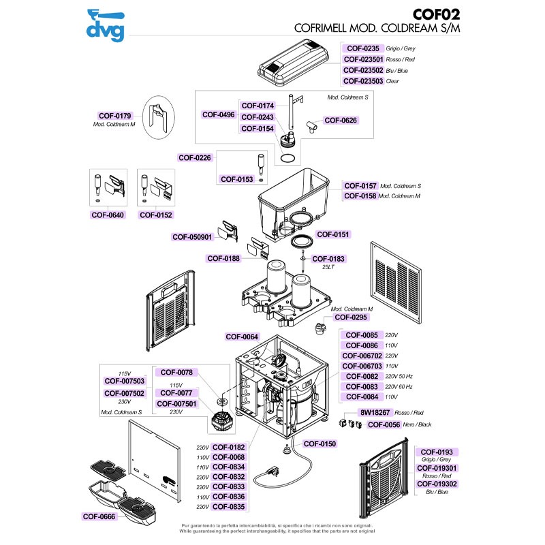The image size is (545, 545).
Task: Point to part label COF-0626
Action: pyautogui.click(x=341, y=121)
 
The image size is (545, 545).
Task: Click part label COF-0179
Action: pyautogui.click(x=115, y=116)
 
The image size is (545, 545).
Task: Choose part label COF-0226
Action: pyautogui.click(x=195, y=157)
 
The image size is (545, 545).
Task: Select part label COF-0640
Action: pyautogui.click(x=107, y=215)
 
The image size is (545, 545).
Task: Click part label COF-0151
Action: pyautogui.click(x=332, y=234)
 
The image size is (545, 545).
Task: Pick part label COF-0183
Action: pyautogui.click(x=328, y=259)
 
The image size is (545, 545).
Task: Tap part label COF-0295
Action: pyautogui.click(x=351, y=317)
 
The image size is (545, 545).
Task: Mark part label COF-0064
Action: pyautogui.click(x=242, y=337)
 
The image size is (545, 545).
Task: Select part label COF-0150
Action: pyautogui.click(x=320, y=444)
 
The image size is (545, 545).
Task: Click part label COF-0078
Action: pyautogui.click(x=176, y=372)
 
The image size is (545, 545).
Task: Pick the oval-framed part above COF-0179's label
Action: pyautogui.click(x=157, y=115)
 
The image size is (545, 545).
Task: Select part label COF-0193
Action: pyautogui.click(x=437, y=452)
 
